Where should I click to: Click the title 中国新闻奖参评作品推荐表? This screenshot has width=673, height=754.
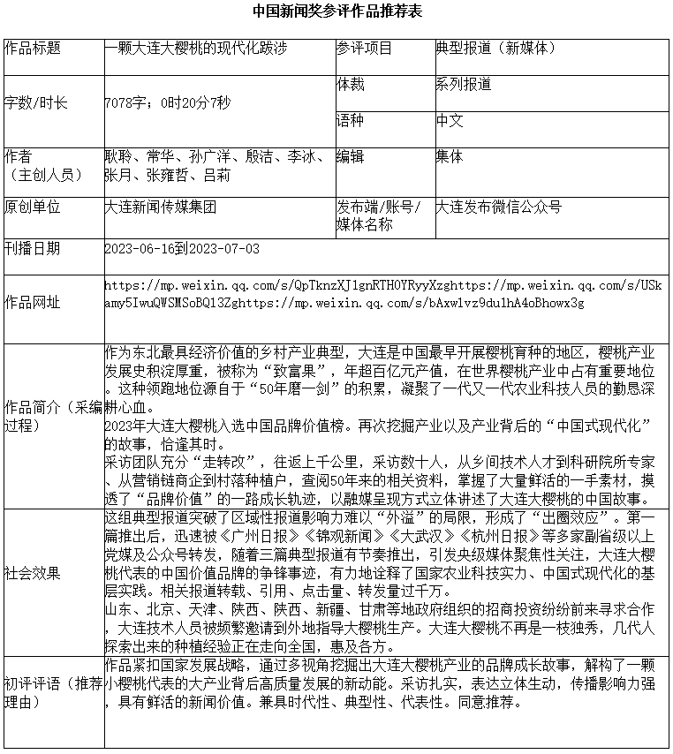pyautogui.click(x=336, y=11)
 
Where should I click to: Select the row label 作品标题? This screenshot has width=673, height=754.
pyautogui.click(x=34, y=49)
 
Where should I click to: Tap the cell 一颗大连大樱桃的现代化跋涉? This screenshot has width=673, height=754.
pyautogui.click(x=195, y=49)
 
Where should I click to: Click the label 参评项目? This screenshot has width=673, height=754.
pyautogui.click(x=364, y=49)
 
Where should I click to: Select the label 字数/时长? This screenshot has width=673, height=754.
pyautogui.click(x=36, y=103)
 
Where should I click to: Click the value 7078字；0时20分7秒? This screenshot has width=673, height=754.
pyautogui.click(x=167, y=103)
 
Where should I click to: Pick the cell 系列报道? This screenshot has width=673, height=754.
pyautogui.click(x=464, y=85)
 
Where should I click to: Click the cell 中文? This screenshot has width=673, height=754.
pyautogui.click(x=450, y=120)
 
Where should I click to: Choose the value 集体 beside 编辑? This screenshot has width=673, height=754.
pyautogui.click(x=450, y=157)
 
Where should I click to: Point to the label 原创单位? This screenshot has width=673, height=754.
pyautogui.click(x=34, y=207)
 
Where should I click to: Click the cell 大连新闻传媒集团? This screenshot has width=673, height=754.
pyautogui.click(x=160, y=207)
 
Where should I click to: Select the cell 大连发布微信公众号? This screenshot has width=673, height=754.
pyautogui.click(x=499, y=207)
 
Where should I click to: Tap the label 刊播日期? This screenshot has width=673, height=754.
pyautogui.click(x=34, y=249)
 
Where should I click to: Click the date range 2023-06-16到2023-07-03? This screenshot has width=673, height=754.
pyautogui.click(x=182, y=249)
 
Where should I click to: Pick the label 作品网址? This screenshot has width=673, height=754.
pyautogui.click(x=34, y=303)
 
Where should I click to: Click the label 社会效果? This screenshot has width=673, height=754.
pyautogui.click(x=34, y=573)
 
